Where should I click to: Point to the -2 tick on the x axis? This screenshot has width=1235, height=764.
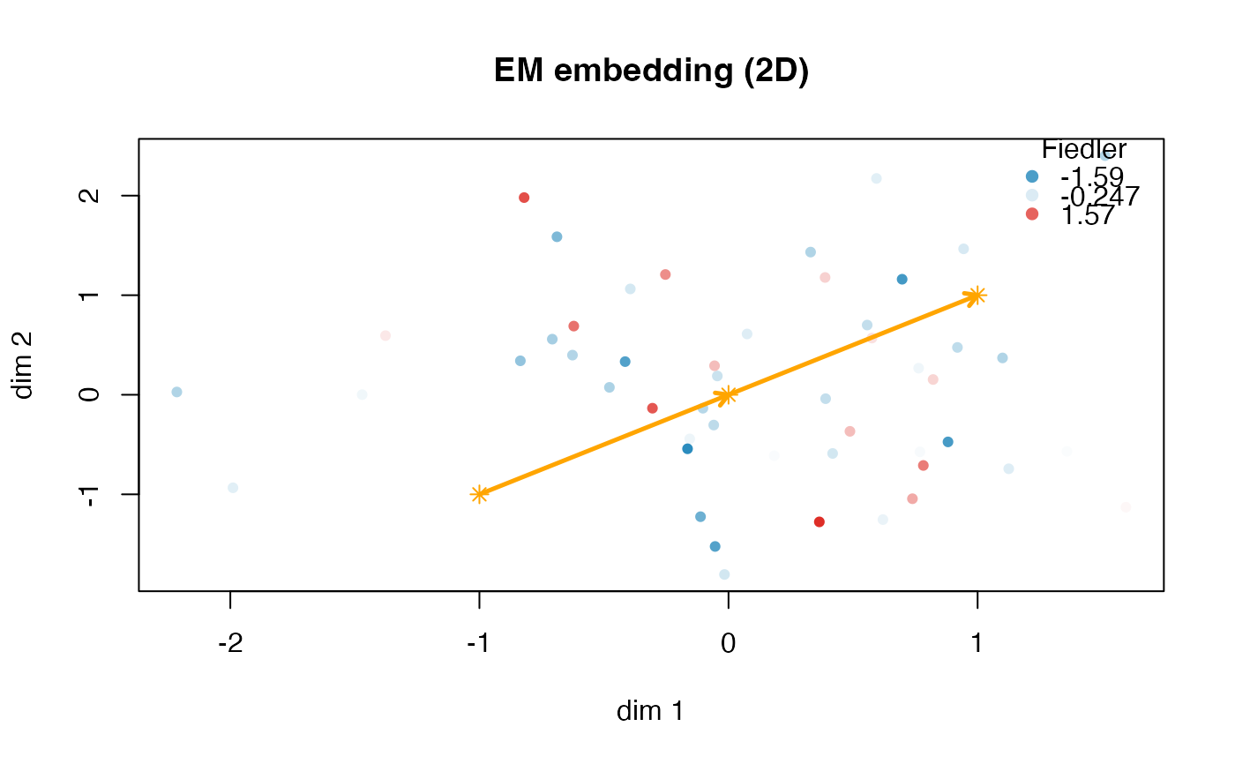[230, 645]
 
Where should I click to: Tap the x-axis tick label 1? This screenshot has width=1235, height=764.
[977, 645]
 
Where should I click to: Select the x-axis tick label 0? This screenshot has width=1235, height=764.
[728, 645]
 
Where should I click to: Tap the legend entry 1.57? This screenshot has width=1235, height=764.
[1089, 215]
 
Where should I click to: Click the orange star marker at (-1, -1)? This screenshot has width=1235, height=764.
[479, 494]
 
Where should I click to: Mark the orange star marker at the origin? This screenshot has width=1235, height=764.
[727, 395]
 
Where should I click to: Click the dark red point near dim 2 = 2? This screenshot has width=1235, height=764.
[524, 198]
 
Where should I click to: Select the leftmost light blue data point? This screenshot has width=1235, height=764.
[176, 392]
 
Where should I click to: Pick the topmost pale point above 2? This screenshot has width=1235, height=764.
[876, 178]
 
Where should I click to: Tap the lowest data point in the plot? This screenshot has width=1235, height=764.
[724, 574]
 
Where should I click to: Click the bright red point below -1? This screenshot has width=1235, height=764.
[819, 522]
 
